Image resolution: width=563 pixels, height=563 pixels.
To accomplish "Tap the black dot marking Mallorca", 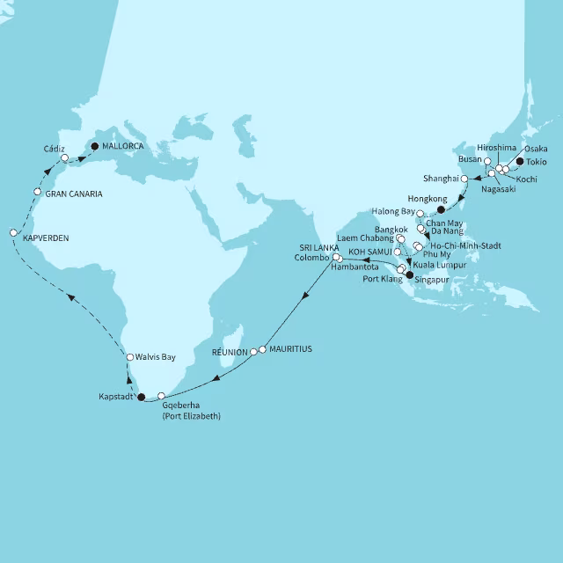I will click(x=95, y=147).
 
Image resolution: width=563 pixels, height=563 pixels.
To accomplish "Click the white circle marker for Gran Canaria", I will click(x=37, y=192).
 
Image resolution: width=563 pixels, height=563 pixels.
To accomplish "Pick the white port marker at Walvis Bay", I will click(x=129, y=357).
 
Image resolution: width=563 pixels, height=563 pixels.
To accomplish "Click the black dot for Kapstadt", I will click(x=142, y=397).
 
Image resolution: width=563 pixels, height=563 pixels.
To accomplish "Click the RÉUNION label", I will click(x=230, y=351).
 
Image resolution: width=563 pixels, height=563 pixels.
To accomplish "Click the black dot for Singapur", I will click(x=408, y=274).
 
